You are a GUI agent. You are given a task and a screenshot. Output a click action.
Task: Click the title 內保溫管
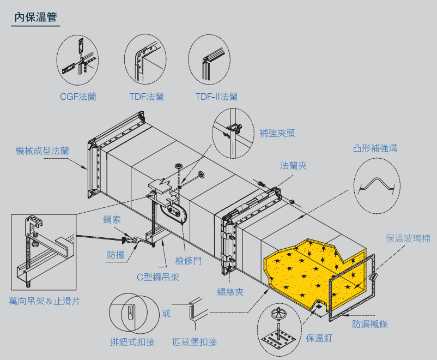[35, 17]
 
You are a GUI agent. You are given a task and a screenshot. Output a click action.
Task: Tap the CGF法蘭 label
[78, 97]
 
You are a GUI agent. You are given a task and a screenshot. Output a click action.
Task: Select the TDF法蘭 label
[147, 97]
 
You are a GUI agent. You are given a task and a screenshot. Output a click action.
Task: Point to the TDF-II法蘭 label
[216, 97]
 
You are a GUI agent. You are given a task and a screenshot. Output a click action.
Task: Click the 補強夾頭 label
[277, 133]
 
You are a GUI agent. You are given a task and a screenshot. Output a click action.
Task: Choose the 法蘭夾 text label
[294, 165]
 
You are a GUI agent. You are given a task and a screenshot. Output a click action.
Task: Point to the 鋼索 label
[112, 220]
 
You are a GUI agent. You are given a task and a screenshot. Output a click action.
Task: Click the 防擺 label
[116, 254]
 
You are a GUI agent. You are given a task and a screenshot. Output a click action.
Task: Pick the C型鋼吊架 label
[158, 277]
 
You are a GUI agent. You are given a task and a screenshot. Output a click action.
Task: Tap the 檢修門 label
[189, 260]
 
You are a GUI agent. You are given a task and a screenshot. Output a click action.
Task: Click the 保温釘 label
[319, 338]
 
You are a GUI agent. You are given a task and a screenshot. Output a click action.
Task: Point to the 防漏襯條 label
[370, 324]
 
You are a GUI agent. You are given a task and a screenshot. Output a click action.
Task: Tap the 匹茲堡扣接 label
[195, 342]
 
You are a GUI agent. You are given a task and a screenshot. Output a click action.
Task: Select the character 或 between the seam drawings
[166, 314]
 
